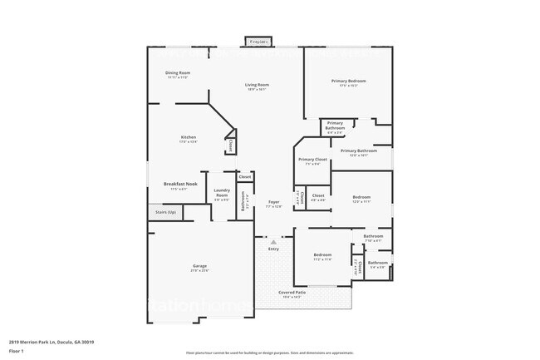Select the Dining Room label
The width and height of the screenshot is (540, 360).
coord(177,73)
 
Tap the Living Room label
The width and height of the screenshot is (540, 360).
coord(257,85)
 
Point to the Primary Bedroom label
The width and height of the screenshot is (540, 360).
coord(349,81)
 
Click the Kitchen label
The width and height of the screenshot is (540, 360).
coord(189,137)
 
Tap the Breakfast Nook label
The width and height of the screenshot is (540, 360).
coord(179,184)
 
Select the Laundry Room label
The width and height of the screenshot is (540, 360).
coord(221,193)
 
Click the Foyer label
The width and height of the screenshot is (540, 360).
coord(273,202)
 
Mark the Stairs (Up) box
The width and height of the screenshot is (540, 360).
coord(166,212)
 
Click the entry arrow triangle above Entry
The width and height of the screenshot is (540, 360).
coord(273,242)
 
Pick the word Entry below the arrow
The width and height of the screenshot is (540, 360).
coord(273,249)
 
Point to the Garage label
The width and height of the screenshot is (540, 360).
coord(200,266)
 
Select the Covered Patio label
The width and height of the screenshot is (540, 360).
coord(292,293)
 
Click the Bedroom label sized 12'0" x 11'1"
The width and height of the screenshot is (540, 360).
coord(361,197)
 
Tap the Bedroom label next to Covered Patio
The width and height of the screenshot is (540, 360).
coord(322,254)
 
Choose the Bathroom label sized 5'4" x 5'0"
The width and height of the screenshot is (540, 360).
coord(378,263)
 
